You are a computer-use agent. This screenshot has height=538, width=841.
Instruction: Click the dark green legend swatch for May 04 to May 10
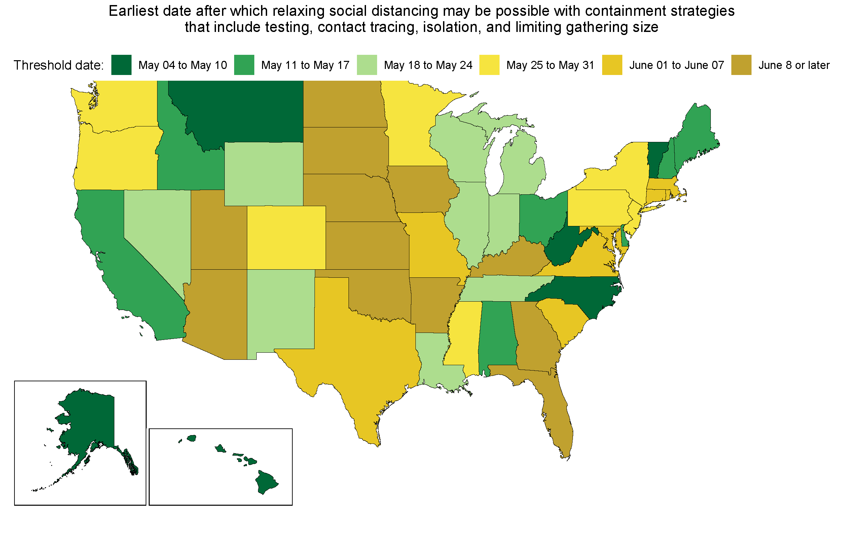click(x=121, y=65)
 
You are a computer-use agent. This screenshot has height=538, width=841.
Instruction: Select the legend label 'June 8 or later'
click(x=794, y=65)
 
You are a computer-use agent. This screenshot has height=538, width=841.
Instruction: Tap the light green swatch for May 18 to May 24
click(x=367, y=65)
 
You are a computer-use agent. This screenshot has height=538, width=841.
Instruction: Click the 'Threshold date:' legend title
click(x=59, y=65)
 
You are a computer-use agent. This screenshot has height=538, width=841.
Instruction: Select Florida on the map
click(x=555, y=416)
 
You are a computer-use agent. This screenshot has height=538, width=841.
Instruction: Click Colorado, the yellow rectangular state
click(x=287, y=237)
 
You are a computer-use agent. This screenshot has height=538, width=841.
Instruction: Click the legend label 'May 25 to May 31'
click(x=550, y=65)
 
